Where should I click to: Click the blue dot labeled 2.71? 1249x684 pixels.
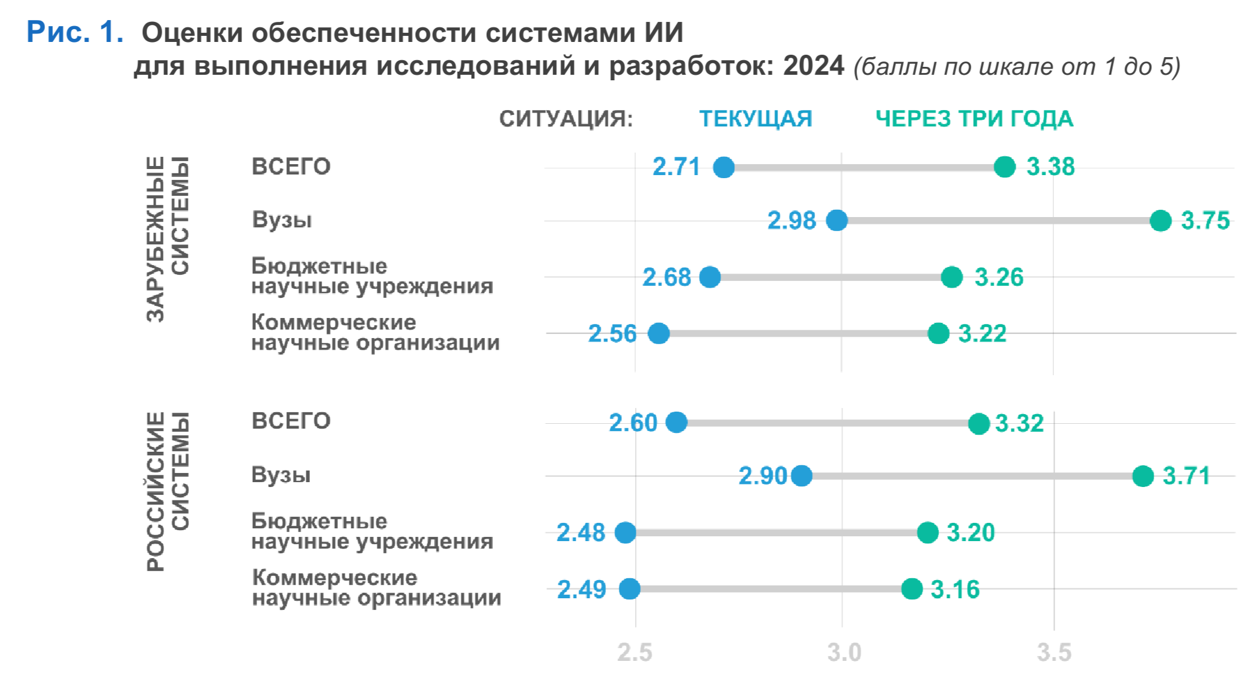click(x=723, y=167)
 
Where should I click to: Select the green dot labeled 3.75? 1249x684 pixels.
click(x=1160, y=220)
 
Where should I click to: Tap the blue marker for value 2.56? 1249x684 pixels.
click(x=658, y=333)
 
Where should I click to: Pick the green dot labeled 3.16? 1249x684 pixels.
click(x=912, y=589)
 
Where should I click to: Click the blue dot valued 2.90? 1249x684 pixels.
click(x=802, y=475)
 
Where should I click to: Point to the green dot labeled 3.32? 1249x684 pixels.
click(x=979, y=423)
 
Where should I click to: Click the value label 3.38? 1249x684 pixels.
click(x=1050, y=167)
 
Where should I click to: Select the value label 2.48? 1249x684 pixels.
click(x=580, y=533)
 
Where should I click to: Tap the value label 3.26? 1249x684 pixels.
click(x=999, y=277)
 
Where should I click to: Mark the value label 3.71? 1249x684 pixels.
click(x=1186, y=475)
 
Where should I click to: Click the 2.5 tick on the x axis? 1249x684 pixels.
click(x=635, y=652)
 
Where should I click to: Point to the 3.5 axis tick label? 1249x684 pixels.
click(x=1053, y=652)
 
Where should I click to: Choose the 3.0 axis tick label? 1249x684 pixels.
click(x=844, y=652)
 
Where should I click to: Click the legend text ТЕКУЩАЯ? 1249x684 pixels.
click(x=755, y=119)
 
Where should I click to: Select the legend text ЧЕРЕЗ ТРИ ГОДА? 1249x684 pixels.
click(x=974, y=119)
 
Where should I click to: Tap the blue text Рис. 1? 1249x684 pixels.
click(x=75, y=32)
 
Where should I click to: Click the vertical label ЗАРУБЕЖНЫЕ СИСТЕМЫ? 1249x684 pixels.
click(x=168, y=238)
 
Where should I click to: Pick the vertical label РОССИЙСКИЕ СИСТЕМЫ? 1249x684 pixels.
click(x=168, y=491)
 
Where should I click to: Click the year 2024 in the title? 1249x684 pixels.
click(x=813, y=66)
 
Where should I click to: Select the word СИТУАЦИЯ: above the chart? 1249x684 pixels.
click(x=566, y=119)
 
